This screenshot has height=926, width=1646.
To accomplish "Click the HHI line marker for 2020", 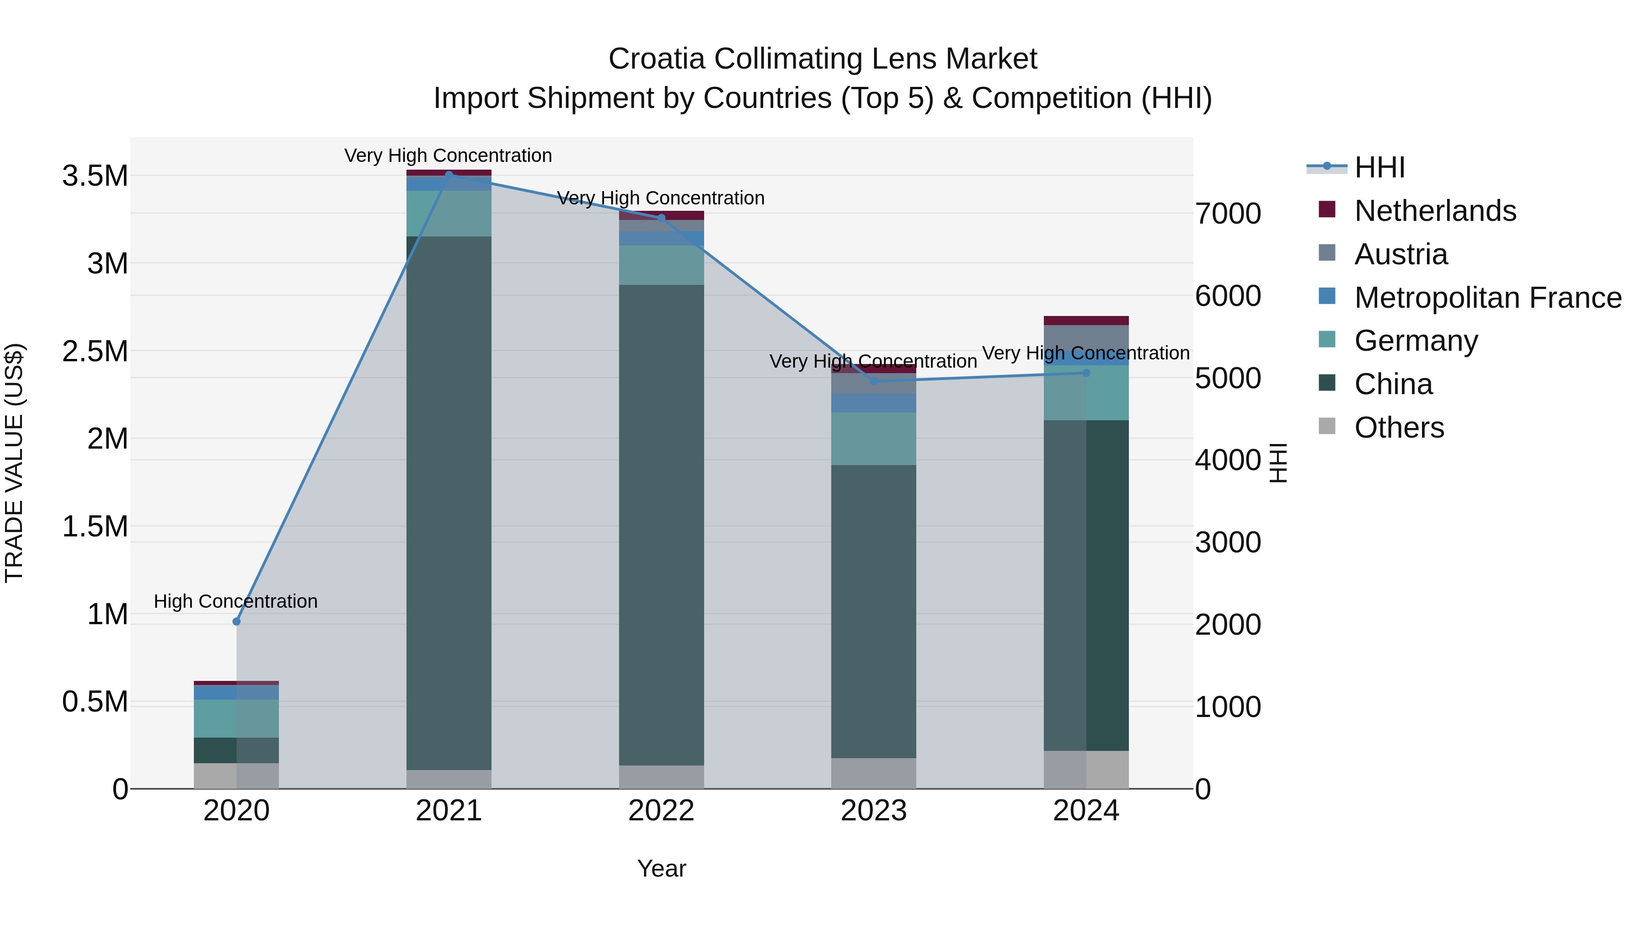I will (236, 621).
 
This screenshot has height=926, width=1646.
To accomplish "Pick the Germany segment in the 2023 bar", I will (873, 439).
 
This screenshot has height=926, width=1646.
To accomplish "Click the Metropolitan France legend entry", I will (1487, 298).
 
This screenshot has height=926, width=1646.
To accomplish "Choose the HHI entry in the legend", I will (1379, 167).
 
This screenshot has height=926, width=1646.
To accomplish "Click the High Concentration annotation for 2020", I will (236, 601).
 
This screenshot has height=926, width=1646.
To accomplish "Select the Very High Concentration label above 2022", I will (661, 198).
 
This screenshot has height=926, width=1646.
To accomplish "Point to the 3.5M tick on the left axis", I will (95, 176).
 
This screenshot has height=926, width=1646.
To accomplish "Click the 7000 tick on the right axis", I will (1228, 214).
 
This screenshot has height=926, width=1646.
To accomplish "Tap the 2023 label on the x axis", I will (873, 811).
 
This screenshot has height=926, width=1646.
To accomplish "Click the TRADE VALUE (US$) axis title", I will (14, 463).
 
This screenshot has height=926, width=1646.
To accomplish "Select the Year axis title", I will (661, 868).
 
